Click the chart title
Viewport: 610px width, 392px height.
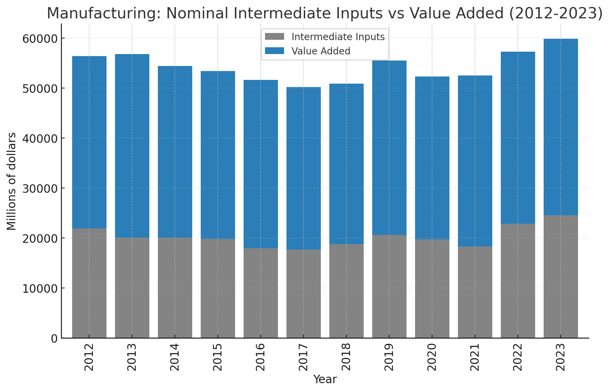324,14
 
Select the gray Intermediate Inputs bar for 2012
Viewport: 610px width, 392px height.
89,283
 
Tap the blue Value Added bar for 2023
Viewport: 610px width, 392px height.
561,127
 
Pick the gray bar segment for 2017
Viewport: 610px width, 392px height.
303,294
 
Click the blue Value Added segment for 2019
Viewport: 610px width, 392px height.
389,148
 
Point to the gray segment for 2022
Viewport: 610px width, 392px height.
518,281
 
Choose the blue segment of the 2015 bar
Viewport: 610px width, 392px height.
218,155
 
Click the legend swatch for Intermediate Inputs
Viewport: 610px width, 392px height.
274,37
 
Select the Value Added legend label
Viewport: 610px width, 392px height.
321,51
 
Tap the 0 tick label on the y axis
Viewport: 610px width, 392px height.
54,339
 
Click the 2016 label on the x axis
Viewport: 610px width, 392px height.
261,357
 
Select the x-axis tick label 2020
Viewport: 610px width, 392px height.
432,357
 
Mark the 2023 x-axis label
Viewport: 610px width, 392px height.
561,357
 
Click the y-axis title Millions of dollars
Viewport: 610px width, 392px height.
12,181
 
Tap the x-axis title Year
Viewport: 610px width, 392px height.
325,379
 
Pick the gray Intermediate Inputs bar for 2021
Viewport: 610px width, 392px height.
475,292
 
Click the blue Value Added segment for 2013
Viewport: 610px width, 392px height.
132,146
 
